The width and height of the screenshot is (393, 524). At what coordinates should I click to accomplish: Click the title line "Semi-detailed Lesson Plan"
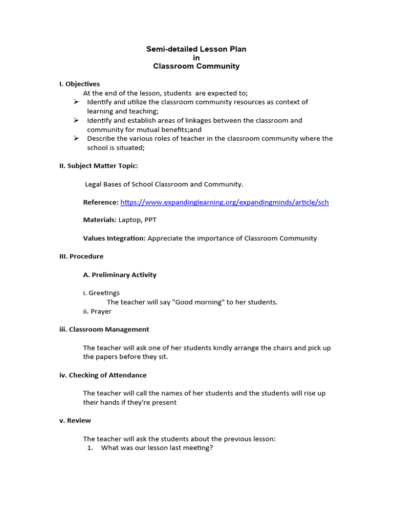(196, 49)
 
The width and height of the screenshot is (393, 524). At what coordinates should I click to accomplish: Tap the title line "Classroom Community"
(196, 66)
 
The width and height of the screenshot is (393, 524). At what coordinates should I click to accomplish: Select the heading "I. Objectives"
(79, 84)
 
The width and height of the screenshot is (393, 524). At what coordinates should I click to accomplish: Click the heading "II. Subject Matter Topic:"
(98, 166)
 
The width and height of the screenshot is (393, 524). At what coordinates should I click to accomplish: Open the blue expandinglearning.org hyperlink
(224, 202)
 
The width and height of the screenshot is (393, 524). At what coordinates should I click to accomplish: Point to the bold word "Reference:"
(101, 202)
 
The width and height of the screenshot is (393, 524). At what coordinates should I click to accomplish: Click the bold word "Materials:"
(100, 220)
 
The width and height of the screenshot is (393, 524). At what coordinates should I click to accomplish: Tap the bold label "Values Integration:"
(114, 238)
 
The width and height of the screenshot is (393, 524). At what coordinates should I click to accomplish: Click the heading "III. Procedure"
(81, 256)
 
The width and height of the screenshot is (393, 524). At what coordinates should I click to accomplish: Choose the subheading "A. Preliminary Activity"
(120, 275)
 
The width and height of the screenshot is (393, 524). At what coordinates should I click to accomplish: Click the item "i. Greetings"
(101, 293)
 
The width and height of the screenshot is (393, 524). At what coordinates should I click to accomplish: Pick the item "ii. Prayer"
(97, 311)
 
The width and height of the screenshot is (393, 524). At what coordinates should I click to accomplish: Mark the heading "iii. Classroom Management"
(104, 330)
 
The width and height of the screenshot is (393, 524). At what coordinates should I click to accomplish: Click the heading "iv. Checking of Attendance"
(103, 375)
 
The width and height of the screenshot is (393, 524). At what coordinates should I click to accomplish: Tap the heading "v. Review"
(75, 421)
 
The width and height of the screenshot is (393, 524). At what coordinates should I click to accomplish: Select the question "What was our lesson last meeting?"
(157, 448)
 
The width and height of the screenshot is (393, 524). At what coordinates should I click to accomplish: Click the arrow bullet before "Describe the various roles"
(76, 138)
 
